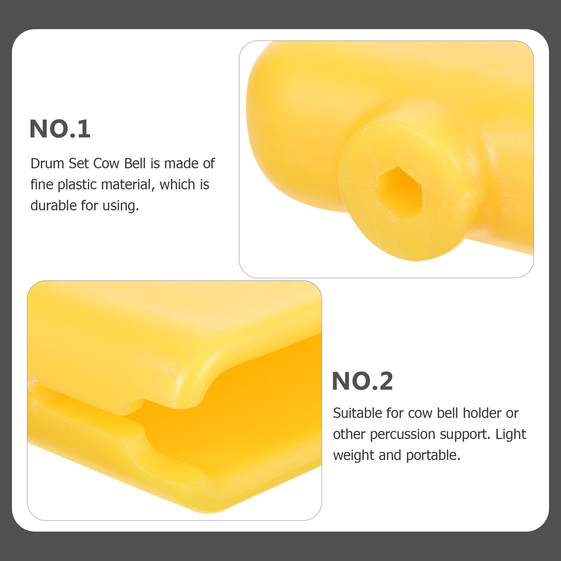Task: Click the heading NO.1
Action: tap(60, 129)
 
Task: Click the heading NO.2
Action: tap(362, 381)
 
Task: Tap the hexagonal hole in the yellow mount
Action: tap(401, 193)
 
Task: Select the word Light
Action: tap(511, 434)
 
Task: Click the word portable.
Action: tap(433, 455)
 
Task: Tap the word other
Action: tap(350, 434)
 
